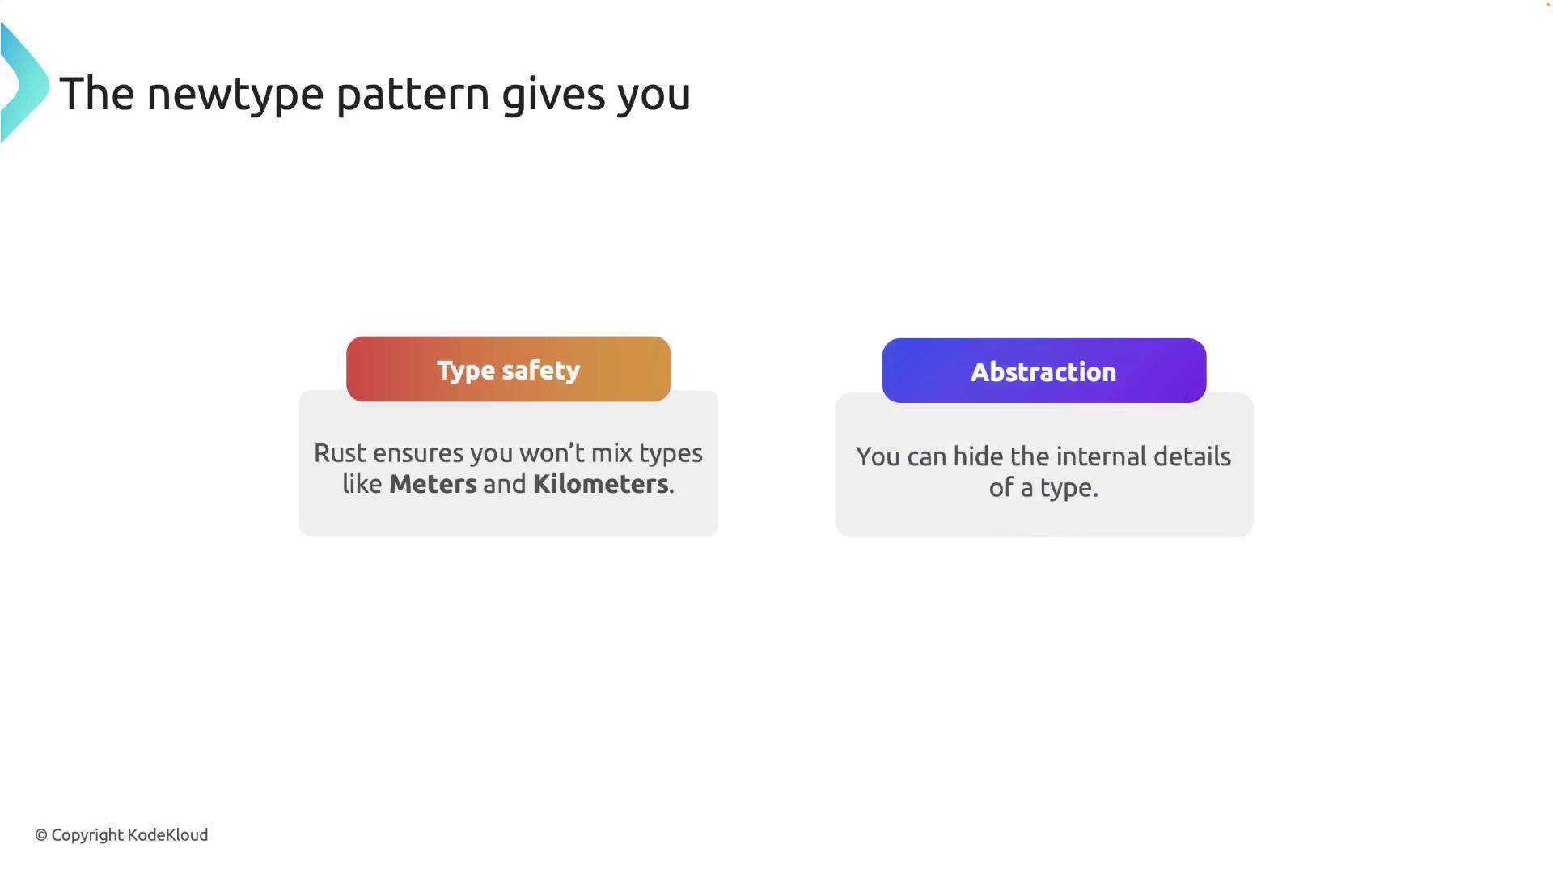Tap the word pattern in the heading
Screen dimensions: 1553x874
[x=413, y=95]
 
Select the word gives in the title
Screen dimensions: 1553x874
[x=553, y=95]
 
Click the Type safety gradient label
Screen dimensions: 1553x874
[x=508, y=369]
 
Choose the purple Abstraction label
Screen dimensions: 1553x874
[x=1043, y=371]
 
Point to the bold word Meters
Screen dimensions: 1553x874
[x=433, y=484]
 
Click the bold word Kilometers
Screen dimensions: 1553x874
[x=601, y=484]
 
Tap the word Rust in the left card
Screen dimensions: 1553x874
[x=339, y=453]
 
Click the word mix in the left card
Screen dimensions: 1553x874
[x=611, y=453]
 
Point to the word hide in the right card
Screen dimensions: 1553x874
[x=978, y=456]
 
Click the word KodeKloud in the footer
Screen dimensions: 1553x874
[x=167, y=834]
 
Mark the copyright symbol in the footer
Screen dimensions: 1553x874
[x=41, y=835]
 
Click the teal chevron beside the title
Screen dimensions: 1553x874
[x=24, y=83]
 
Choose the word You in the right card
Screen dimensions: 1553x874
[x=878, y=457]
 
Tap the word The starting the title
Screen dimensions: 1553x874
[x=96, y=94]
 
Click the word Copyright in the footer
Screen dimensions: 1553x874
[x=87, y=836]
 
